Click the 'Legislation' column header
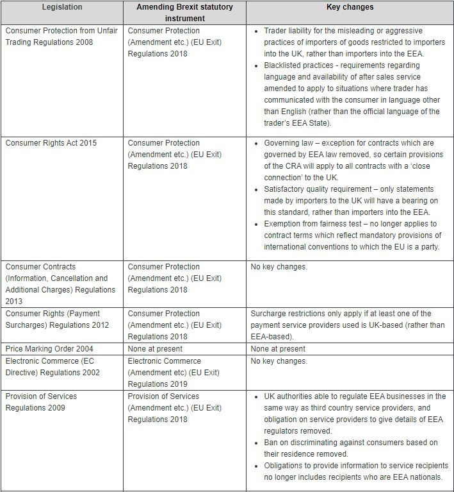pyautogui.click(x=62, y=7)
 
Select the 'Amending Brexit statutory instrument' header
pyautogui.click(x=184, y=13)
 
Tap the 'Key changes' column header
pyautogui.click(x=350, y=7)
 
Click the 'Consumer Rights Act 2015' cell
pyautogui.click(x=51, y=143)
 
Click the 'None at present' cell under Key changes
pyautogui.click(x=278, y=349)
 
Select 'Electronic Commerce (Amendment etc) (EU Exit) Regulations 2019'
pyautogui.click(x=174, y=373)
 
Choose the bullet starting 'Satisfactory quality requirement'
pyautogui.click(x=352, y=201)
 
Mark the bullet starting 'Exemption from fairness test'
pyautogui.click(x=352, y=235)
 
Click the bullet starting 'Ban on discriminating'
pyautogui.click(x=352, y=448)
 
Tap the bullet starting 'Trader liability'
pyautogui.click(x=352, y=42)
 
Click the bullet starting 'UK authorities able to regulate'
pyautogui.click(x=352, y=414)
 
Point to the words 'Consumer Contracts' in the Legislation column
pyautogui.click(x=40, y=267)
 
